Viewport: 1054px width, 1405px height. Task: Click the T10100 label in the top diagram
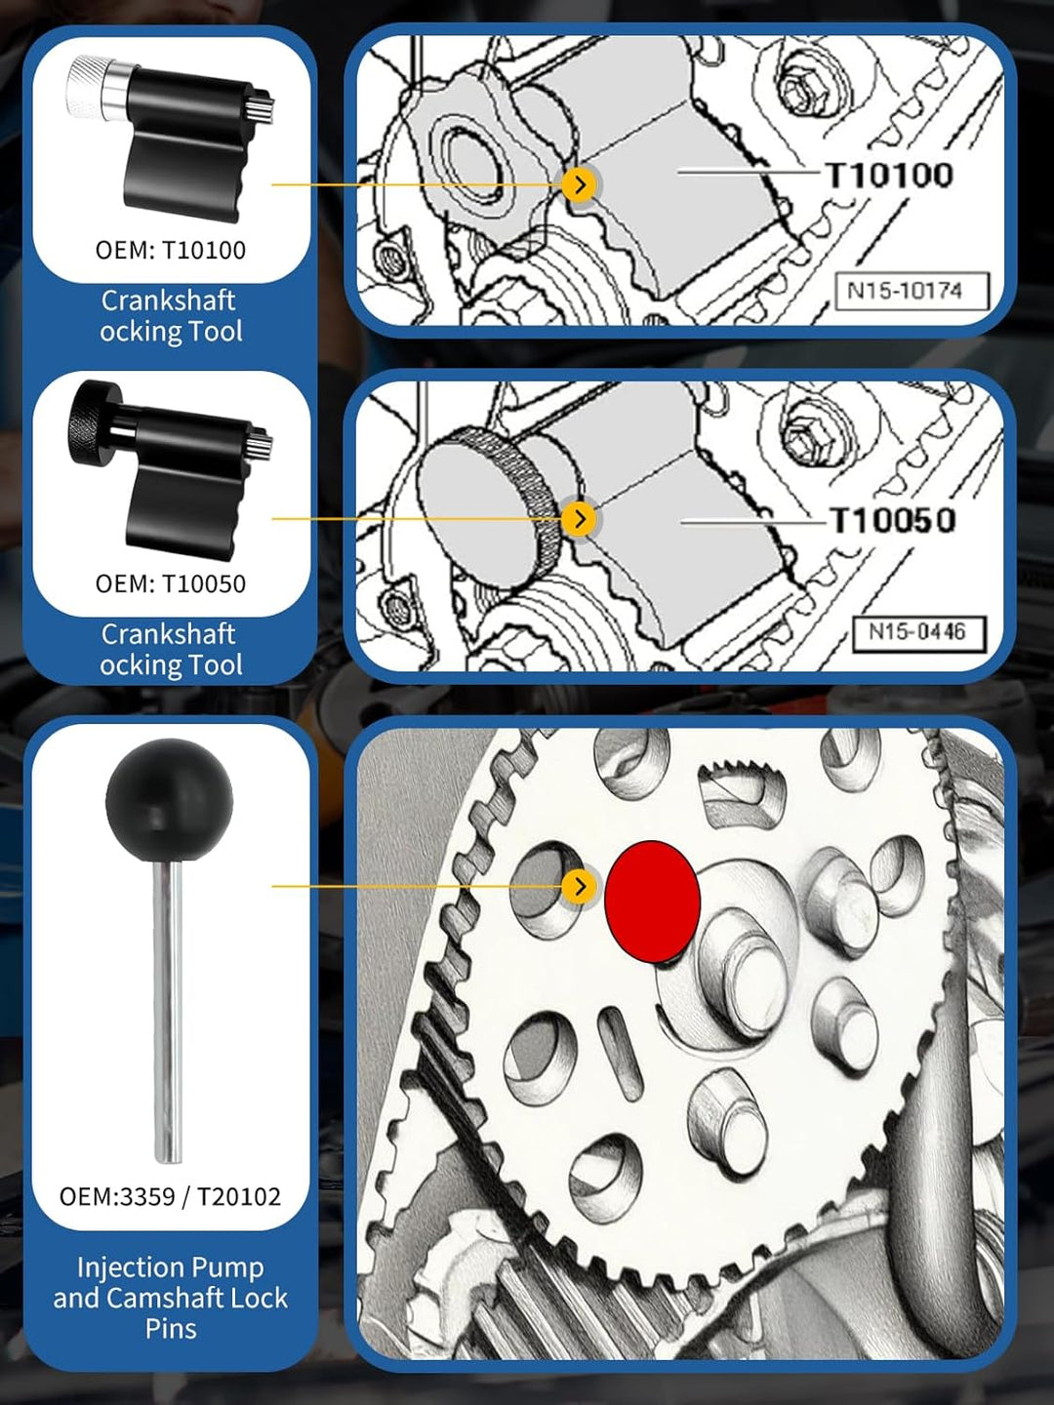888,175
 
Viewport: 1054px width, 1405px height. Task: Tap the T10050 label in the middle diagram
891,520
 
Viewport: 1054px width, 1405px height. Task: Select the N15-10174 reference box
912,291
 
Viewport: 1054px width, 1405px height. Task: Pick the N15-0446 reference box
918,632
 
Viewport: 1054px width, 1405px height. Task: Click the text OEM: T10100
170,251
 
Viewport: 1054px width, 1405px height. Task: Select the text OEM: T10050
170,583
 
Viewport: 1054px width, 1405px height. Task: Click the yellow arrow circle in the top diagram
579,185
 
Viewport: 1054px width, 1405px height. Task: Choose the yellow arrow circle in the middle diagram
579,518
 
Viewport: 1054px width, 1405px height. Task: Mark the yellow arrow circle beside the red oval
579,887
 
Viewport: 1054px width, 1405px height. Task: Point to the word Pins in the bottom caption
171,1328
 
